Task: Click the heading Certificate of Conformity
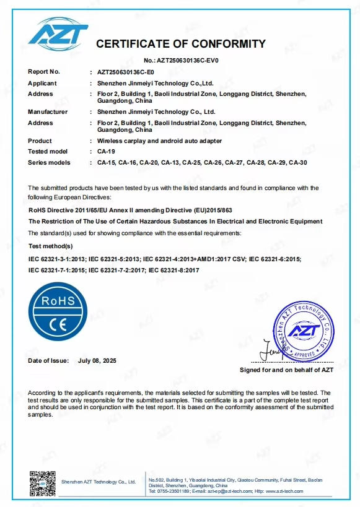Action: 180,44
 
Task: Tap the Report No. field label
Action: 44,72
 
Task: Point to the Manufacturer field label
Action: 48,112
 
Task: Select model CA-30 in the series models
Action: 297,162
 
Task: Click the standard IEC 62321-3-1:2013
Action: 56,259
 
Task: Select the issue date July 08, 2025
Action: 97,360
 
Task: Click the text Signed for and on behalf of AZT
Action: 286,370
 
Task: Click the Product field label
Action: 40,141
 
